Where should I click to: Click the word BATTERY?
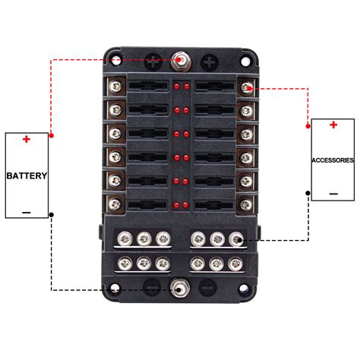pos(27,175)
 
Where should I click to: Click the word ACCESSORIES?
pos(333,160)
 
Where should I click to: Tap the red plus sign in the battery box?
pos(27,139)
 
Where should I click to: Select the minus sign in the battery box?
pos(26,212)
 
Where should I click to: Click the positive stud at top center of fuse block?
pos(179,58)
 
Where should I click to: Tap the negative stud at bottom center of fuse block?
pos(179,289)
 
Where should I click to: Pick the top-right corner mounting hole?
pos(245,59)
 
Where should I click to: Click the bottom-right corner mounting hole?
pos(245,289)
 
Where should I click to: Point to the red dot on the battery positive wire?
pos(51,134)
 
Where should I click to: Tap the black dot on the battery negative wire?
pos(51,215)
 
